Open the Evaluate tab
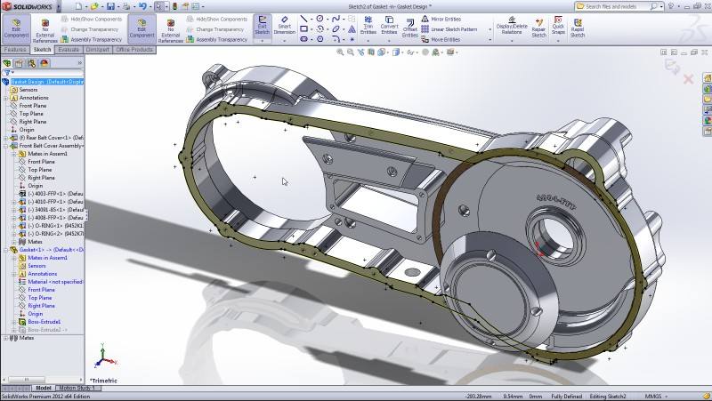point(69,50)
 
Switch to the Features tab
point(16,50)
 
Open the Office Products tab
point(134,50)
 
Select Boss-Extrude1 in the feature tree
point(44,322)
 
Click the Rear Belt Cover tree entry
point(50,138)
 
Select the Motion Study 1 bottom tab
point(77,389)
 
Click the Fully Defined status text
point(566,397)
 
